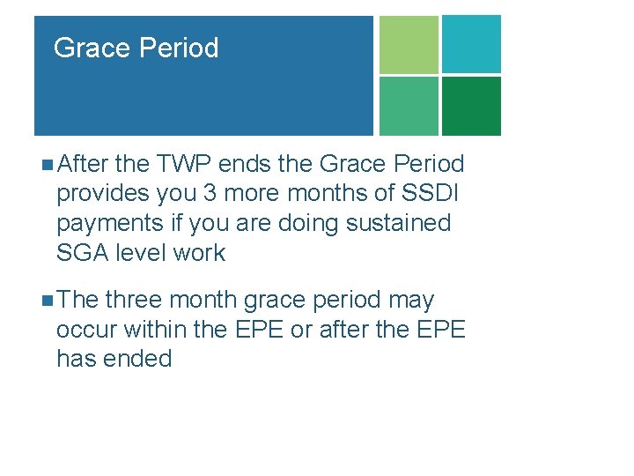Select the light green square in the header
point(408,44)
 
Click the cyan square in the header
point(471,44)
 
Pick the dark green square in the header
point(471,106)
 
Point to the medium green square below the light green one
point(408,106)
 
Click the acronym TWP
point(184,164)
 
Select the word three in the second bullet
point(135,301)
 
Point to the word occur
point(87,330)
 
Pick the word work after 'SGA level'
point(199,253)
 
